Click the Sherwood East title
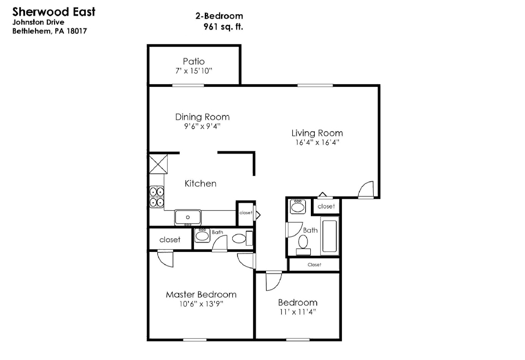coord(54,11)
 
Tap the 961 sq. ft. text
coord(223,26)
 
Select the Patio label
coord(193,61)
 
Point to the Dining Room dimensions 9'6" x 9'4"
coord(202,126)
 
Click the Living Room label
coord(317,133)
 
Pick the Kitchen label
coord(200,184)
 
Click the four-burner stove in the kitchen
coord(156,197)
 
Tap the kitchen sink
coord(187,217)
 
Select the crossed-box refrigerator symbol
coord(158,163)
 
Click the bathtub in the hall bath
coord(329,236)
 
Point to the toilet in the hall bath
coord(303,244)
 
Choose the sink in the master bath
coord(202,236)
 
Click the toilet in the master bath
coord(242,238)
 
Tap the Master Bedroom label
coord(201,294)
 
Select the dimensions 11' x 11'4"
coord(298,312)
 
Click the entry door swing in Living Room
coord(366,190)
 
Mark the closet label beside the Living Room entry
coord(326,206)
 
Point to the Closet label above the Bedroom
coord(314,264)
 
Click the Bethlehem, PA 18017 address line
coord(50,31)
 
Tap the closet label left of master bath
coord(170,239)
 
